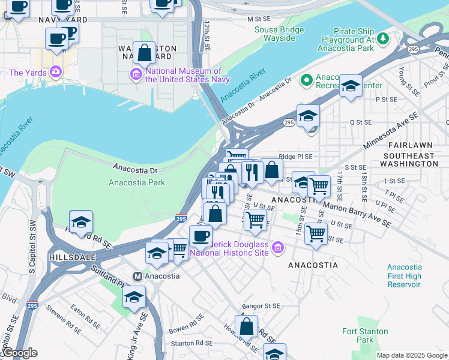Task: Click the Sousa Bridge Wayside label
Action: [275, 34]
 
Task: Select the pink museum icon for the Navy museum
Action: [136, 74]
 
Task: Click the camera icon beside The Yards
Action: [56, 73]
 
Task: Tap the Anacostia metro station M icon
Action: [137, 276]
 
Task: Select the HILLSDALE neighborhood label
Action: [74, 257]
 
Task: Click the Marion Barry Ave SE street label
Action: [357, 214]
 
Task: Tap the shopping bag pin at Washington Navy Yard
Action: [145, 53]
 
